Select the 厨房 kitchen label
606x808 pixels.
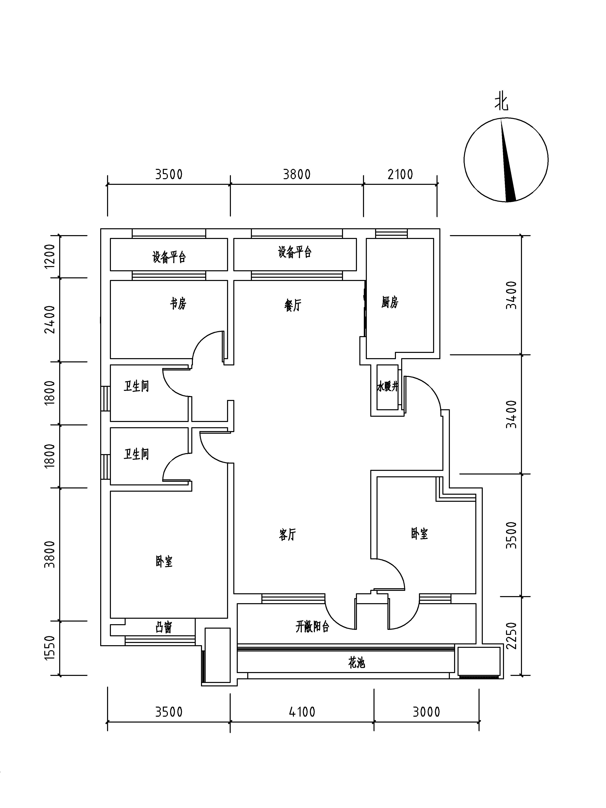390,302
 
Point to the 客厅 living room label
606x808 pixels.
287,535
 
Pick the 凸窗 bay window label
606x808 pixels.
164,627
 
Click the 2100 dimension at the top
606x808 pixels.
400,175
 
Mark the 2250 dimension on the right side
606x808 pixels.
512,635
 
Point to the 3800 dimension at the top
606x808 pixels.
297,175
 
